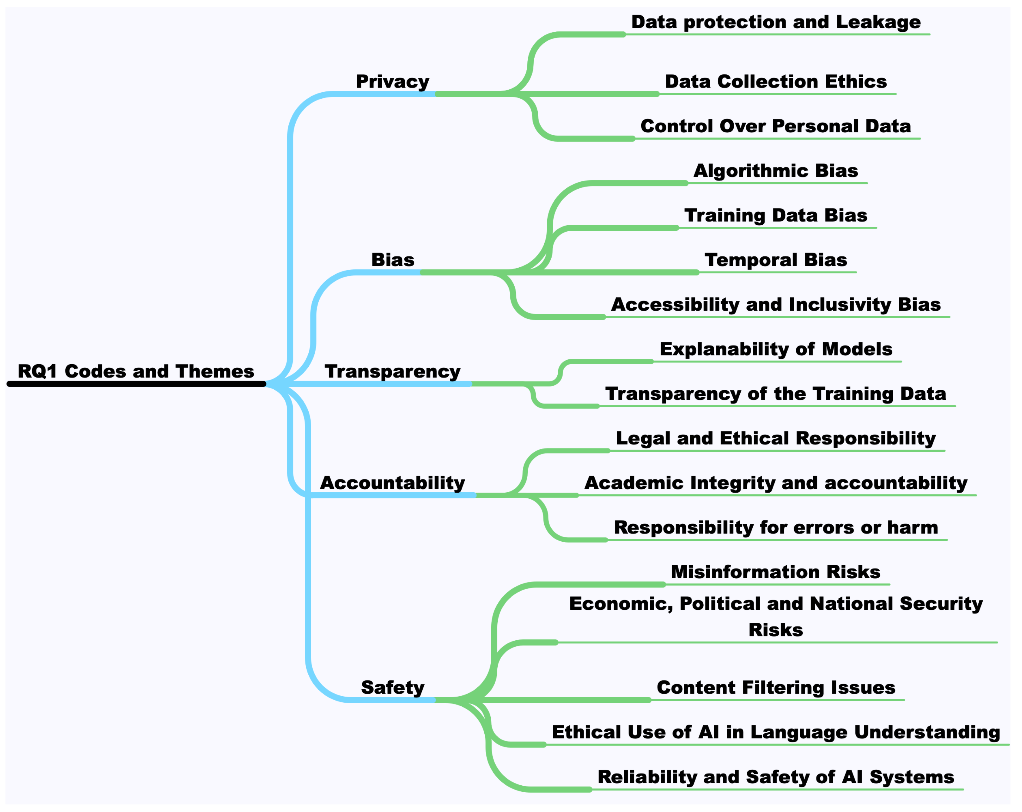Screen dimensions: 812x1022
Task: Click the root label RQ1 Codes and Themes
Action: coord(136,371)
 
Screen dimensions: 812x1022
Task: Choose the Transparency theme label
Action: coord(393,371)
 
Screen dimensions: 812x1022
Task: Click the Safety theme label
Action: coord(393,687)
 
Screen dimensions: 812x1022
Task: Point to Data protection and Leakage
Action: coord(775,22)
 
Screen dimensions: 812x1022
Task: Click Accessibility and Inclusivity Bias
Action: coord(775,304)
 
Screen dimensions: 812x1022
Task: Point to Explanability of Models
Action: coord(775,349)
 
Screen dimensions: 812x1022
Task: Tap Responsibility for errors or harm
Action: coord(775,527)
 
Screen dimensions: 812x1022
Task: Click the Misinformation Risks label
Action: coord(775,572)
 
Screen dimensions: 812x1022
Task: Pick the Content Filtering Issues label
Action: coord(775,687)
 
